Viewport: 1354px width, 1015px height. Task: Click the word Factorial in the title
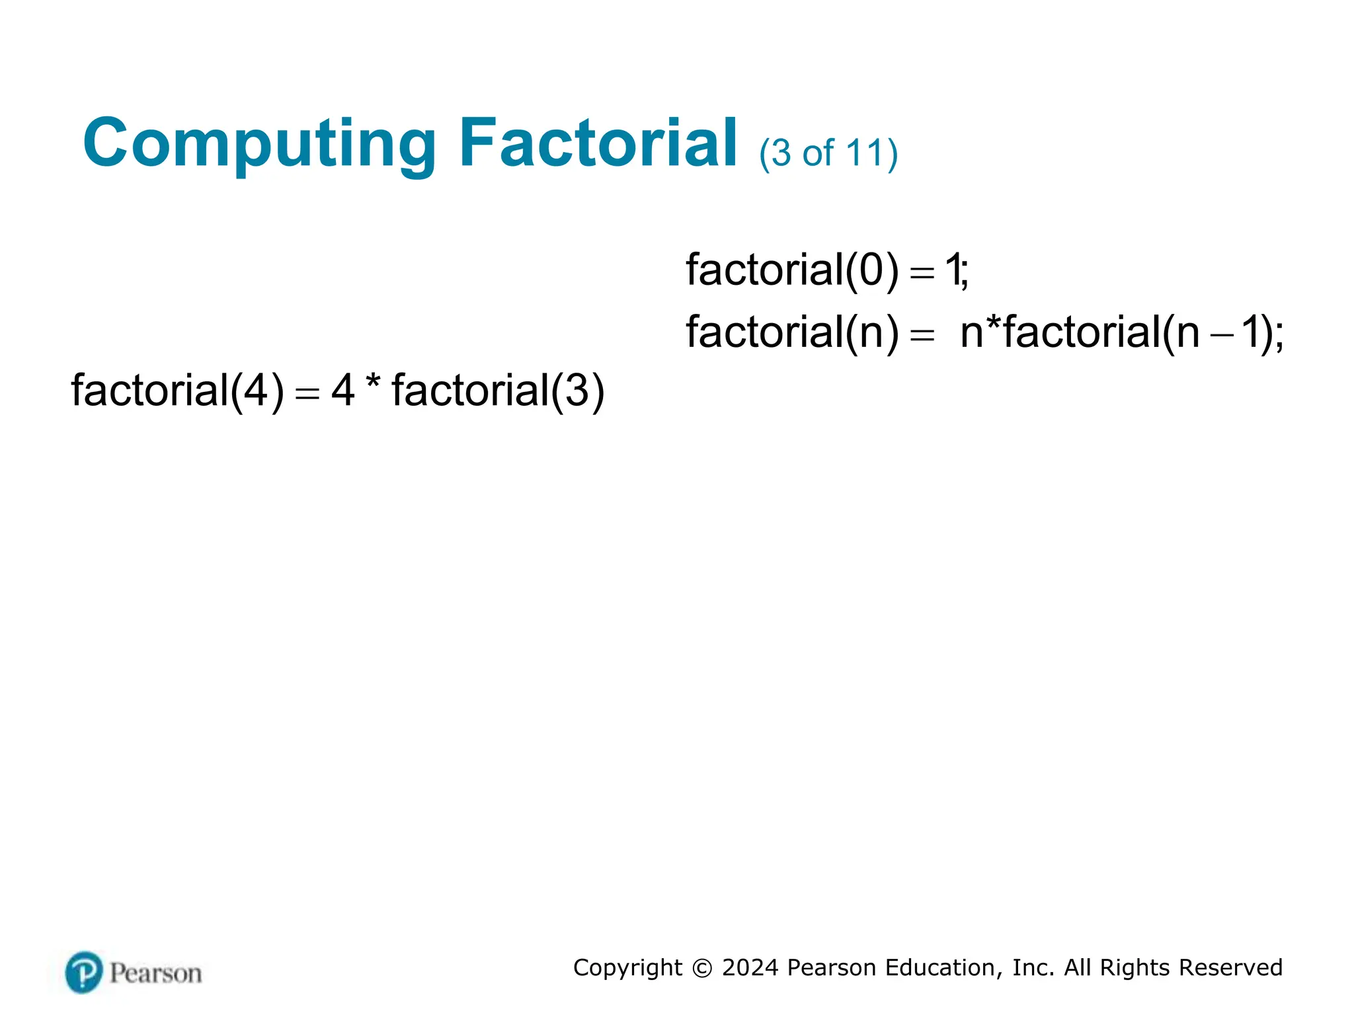coord(598,142)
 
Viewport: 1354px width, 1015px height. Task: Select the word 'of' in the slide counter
coord(818,153)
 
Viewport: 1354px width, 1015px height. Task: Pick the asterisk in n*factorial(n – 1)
coord(993,324)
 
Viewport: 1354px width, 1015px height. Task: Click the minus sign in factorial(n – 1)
coord(1221,334)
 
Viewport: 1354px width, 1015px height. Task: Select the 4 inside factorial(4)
coord(256,391)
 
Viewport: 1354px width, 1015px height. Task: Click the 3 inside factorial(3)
coord(577,391)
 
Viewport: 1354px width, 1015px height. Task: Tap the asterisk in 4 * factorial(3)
coord(373,383)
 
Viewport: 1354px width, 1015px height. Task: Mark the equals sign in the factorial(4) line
coord(307,393)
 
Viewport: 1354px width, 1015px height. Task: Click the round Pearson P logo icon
coord(84,972)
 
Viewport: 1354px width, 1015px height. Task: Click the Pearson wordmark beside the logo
coord(155,973)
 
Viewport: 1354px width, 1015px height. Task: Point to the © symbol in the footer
coord(701,968)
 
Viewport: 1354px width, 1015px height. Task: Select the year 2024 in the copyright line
coord(750,967)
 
